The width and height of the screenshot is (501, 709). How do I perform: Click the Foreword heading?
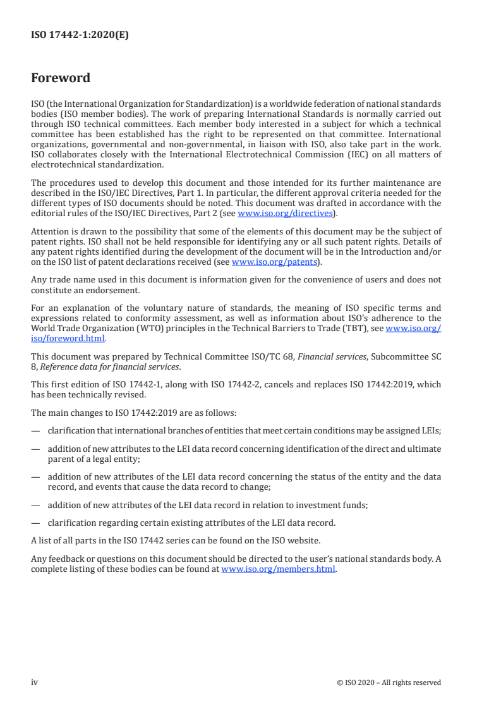point(61,78)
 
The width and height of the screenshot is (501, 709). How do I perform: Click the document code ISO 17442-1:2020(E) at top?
point(80,36)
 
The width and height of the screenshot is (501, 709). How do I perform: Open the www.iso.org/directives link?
point(285,213)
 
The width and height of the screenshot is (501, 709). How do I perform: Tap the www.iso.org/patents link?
point(275,261)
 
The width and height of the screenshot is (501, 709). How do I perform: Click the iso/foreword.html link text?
point(68,338)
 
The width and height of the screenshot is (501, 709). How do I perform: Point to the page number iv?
point(35,682)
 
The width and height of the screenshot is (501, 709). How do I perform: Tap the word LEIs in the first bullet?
point(430,430)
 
